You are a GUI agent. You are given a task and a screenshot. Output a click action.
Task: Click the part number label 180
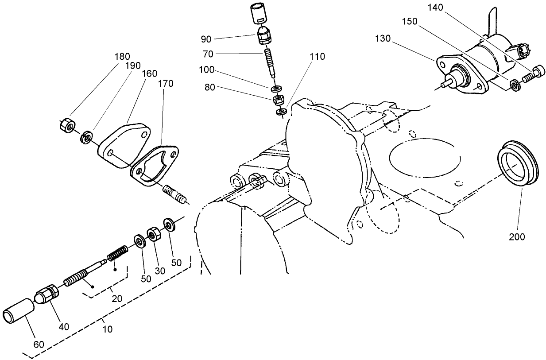coord(122,56)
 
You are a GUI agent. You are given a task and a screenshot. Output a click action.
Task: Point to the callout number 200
coord(516,237)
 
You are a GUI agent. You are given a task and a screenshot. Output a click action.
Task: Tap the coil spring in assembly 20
coord(118,255)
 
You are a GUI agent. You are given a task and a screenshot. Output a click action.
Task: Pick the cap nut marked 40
coord(46,294)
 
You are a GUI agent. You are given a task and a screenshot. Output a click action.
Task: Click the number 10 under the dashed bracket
coord(107,329)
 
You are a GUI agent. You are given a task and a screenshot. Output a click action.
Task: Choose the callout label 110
coord(318,57)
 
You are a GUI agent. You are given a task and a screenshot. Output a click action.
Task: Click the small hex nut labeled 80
coord(278,99)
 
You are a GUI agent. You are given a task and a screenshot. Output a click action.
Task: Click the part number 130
coord(382,39)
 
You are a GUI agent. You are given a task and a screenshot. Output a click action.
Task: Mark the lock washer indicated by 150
coord(514,84)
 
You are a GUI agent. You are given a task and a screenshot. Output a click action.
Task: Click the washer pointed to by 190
coord(86,136)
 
